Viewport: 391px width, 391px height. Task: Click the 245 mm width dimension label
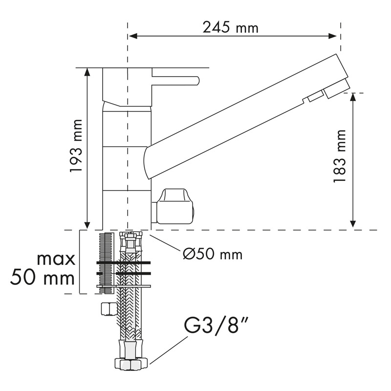tap(230, 27)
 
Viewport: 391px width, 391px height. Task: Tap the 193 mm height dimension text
tap(76, 146)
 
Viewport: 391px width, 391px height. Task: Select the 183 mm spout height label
tap(340, 156)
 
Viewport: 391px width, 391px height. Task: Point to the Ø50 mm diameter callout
tap(213, 254)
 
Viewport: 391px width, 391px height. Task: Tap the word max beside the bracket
tap(56, 260)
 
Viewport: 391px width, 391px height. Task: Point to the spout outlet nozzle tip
tap(337, 89)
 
